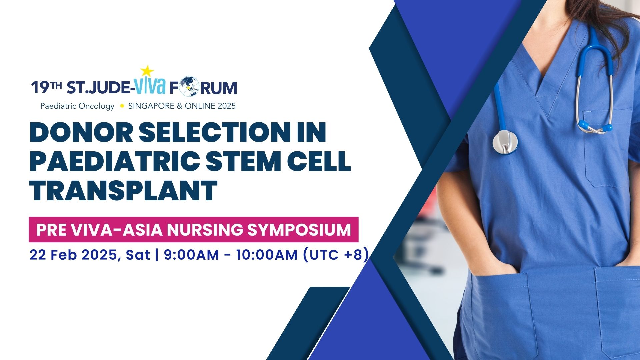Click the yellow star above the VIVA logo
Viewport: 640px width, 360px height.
(147, 71)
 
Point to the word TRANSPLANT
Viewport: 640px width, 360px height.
(123, 190)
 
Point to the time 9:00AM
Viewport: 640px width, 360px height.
(191, 255)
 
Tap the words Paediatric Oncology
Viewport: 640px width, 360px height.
(77, 106)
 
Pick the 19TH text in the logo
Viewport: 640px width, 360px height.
(47, 88)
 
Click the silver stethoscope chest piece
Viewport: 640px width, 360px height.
(505, 142)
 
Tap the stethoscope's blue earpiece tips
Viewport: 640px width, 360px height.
(595, 126)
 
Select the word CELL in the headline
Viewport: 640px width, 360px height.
(321, 161)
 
